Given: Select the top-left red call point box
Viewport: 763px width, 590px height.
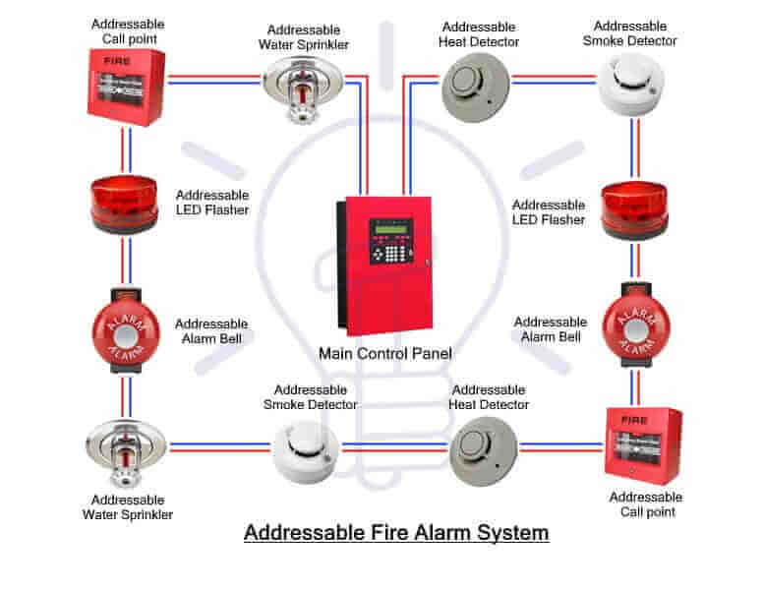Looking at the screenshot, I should pyautogui.click(x=126, y=87).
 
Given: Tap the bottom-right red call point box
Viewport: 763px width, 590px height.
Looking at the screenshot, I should pyautogui.click(x=643, y=444).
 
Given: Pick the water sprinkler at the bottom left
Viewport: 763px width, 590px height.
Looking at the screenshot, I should pyautogui.click(x=125, y=451).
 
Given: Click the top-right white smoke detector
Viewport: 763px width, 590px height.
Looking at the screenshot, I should pyautogui.click(x=629, y=86).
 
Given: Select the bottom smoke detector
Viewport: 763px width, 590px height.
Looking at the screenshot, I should pyautogui.click(x=306, y=451).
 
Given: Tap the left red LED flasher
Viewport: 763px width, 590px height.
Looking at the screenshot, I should pyautogui.click(x=126, y=204).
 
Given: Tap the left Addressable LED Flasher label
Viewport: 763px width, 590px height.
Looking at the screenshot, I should pyautogui.click(x=211, y=203).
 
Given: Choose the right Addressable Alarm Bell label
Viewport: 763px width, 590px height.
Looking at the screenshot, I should pyautogui.click(x=551, y=329).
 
